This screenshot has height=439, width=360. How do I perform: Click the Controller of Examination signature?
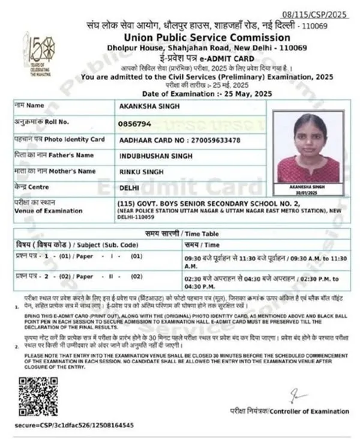point(296,397)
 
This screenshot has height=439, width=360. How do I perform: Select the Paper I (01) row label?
point(78,257)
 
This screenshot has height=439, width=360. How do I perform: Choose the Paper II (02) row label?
point(78,276)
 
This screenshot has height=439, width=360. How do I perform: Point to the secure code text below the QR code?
point(73,425)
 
